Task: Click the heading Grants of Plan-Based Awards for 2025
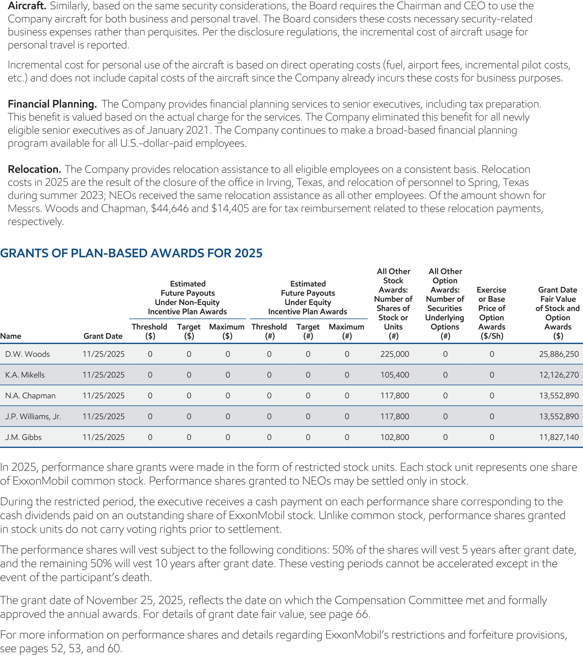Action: [131, 253]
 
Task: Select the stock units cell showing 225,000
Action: [395, 354]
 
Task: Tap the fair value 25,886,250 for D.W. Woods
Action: [559, 354]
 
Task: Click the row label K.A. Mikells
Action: [25, 375]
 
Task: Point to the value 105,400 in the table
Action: [395, 375]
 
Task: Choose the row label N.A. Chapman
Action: [30, 396]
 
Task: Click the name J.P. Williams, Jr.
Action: [33, 417]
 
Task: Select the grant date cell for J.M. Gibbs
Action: [103, 437]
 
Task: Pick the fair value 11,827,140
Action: [559, 437]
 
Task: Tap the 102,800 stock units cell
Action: [395, 437]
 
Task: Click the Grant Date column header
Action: [103, 336]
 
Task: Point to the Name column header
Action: [10, 336]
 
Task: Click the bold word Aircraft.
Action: [27, 6]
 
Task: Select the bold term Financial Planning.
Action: [52, 104]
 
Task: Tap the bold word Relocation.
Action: [34, 169]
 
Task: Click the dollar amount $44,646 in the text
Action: [170, 208]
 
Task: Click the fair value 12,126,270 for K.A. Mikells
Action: [559, 375]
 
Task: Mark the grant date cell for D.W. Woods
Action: [103, 354]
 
